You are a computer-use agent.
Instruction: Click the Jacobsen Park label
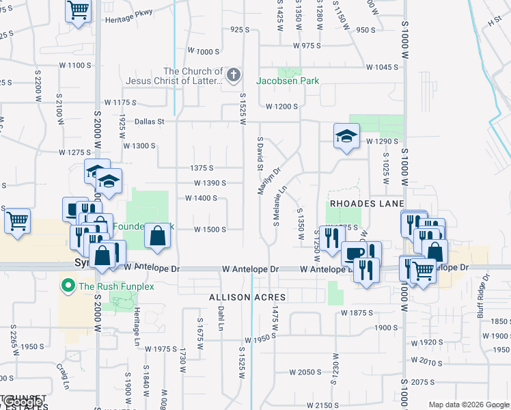[x=288, y=81]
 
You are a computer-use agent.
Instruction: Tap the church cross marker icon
[x=233, y=74]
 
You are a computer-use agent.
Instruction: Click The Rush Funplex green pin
[x=68, y=285]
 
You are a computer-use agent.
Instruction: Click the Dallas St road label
[x=150, y=122]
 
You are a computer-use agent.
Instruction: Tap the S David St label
[x=260, y=154]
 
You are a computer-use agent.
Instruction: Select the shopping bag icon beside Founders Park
[x=158, y=236]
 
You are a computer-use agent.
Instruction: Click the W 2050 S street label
[x=305, y=372]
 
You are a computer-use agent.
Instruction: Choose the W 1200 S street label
[x=282, y=107]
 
